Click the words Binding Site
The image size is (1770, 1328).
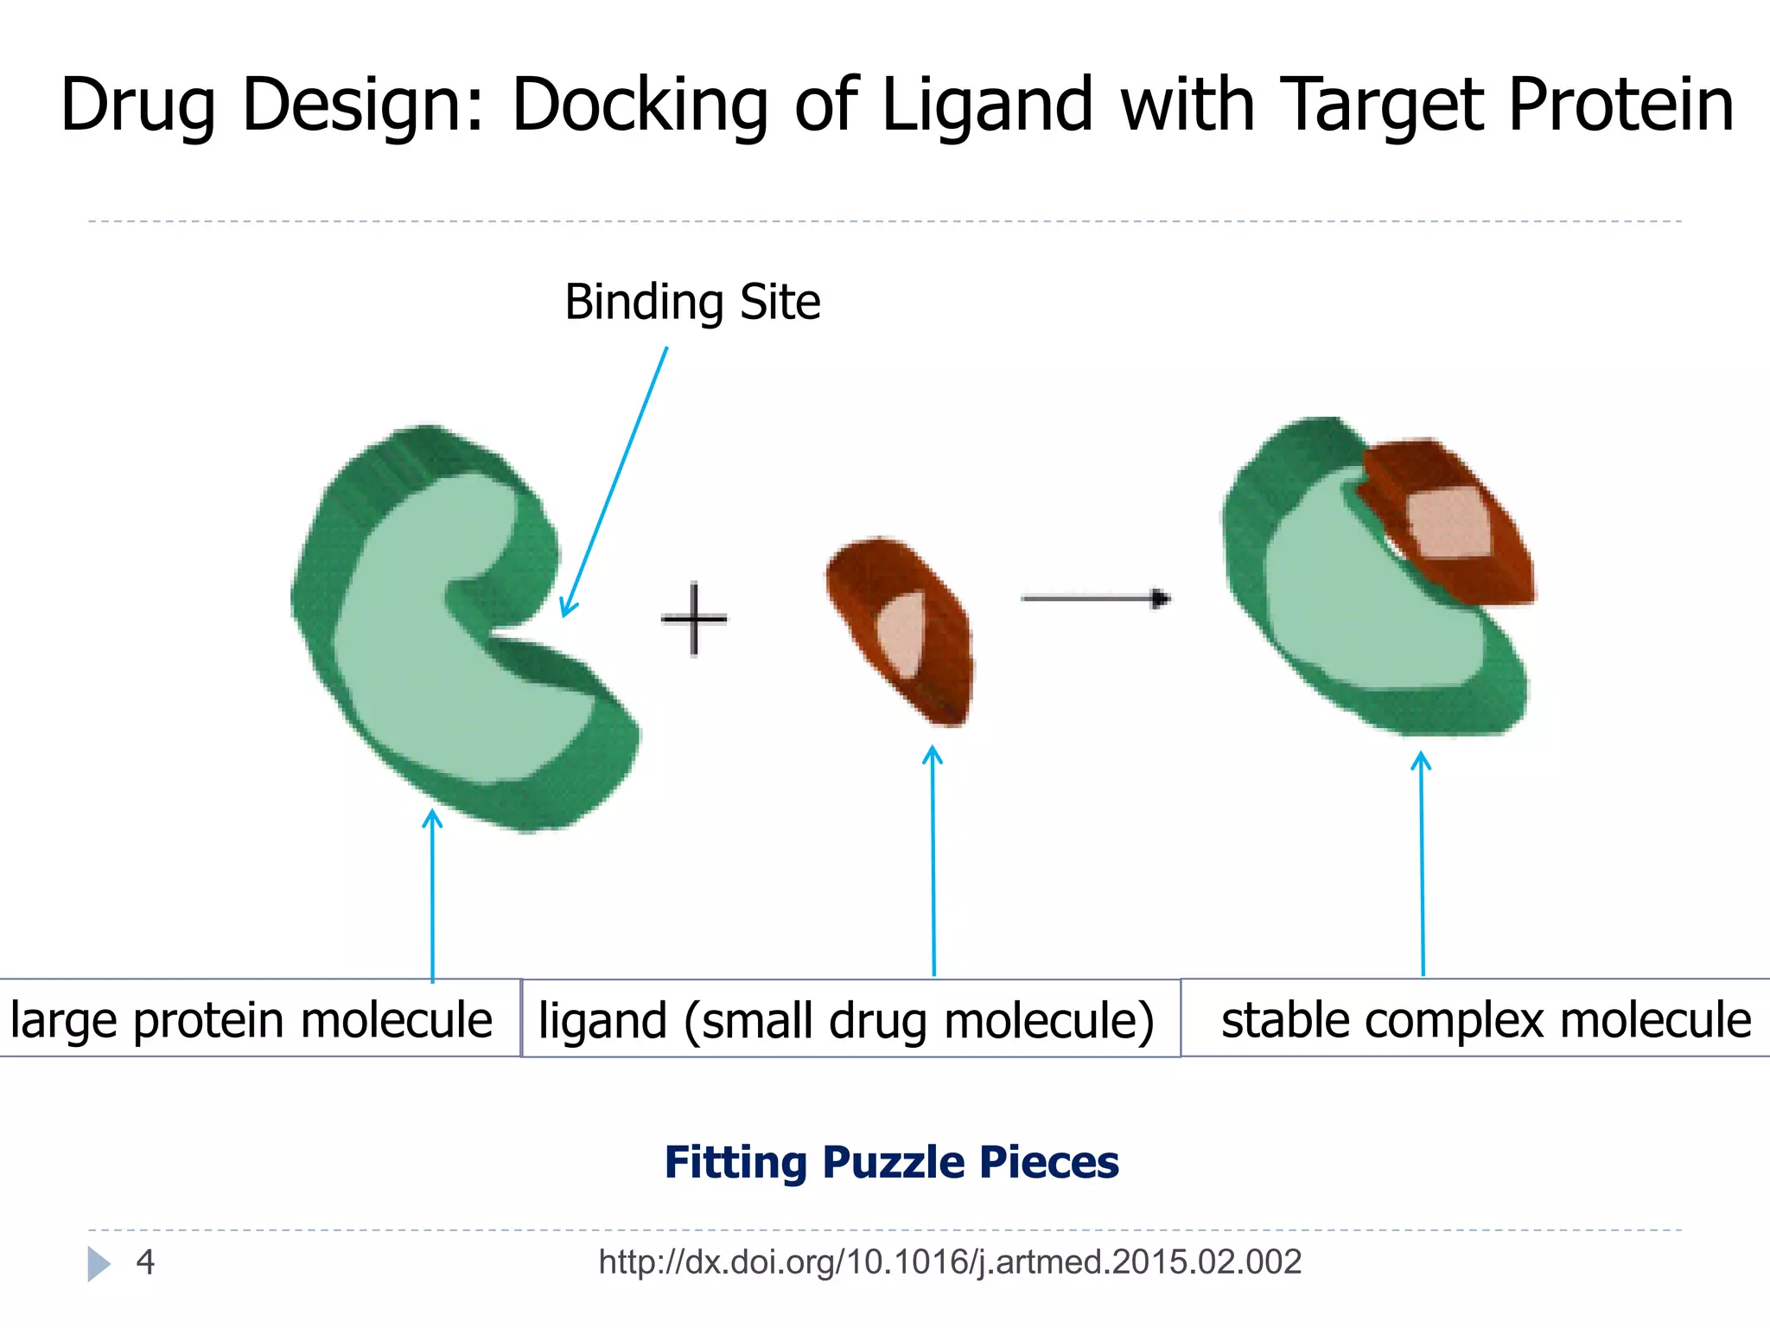[692, 303]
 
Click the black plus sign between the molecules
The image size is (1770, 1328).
[694, 619]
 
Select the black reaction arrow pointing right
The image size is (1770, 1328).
[1095, 598]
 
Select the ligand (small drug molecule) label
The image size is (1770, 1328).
[847, 1019]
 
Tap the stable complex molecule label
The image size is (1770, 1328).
[1485, 1019]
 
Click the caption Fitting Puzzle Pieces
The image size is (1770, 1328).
[891, 1162]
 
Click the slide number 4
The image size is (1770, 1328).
[145, 1262]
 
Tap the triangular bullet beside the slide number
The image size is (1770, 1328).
[99, 1264]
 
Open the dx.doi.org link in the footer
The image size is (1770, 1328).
[949, 1262]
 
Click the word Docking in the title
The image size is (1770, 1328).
[640, 105]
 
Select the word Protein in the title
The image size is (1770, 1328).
[1620, 105]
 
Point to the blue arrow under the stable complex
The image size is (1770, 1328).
[1422, 865]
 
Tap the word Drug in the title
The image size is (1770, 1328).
[138, 105]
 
